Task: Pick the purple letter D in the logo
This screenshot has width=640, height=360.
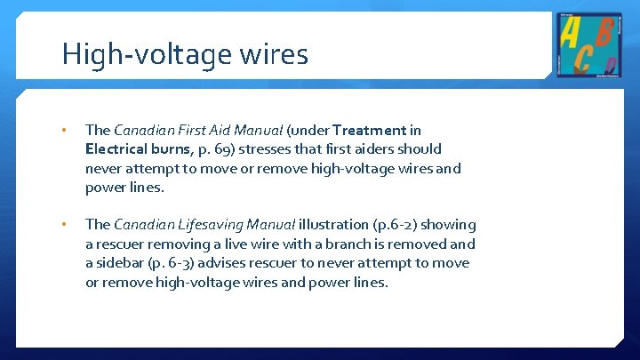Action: point(609,65)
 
